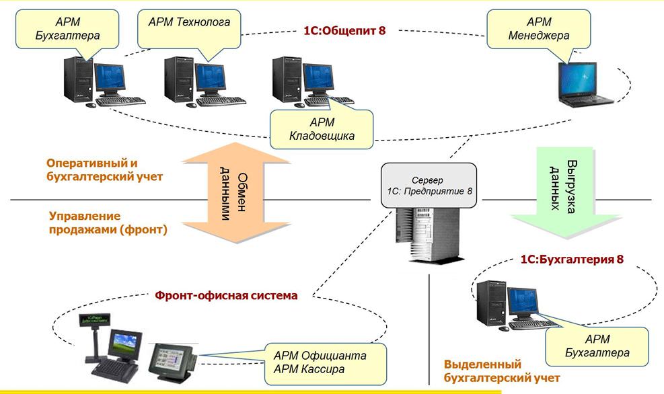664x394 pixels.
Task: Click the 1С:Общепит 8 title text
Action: tap(344, 31)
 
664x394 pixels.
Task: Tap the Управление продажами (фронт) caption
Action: tap(108, 223)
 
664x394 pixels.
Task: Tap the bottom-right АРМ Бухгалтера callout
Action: tap(597, 346)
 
